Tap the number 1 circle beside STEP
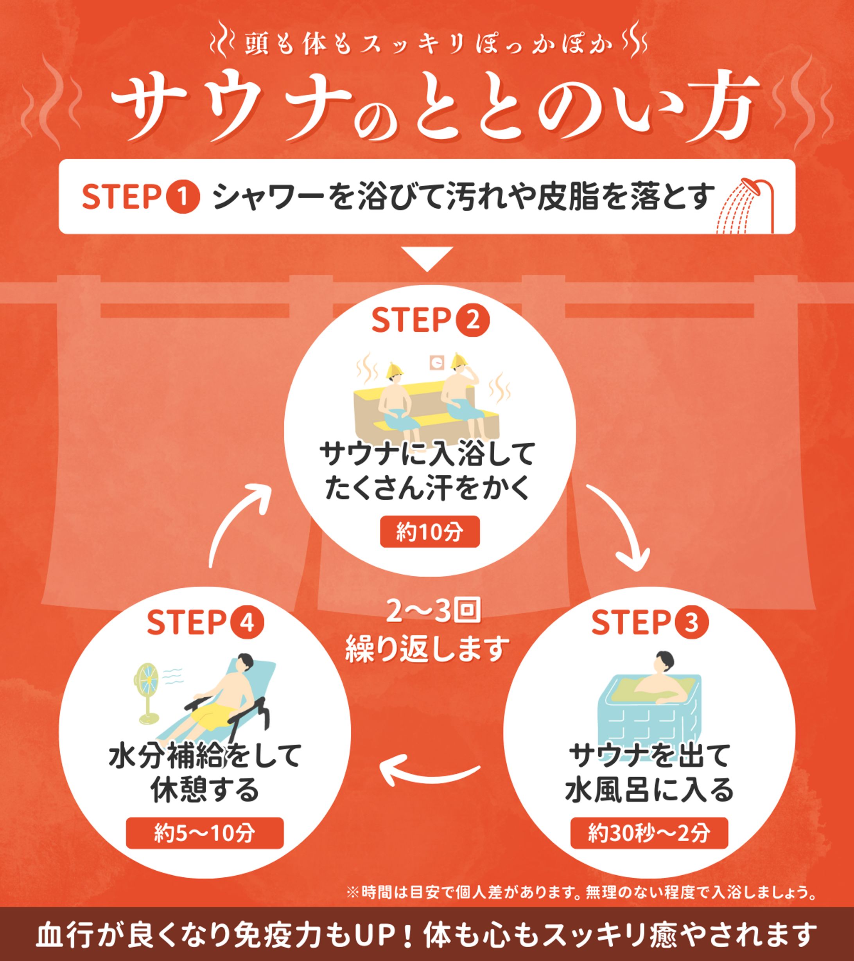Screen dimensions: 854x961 click(183, 197)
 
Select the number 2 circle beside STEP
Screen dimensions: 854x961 click(473, 320)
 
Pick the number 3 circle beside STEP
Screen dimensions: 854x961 click(691, 622)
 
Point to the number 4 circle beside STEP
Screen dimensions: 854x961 click(247, 622)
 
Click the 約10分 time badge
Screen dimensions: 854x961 click(430, 532)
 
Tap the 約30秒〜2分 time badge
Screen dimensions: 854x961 click(649, 833)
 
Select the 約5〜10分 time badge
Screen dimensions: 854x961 click(205, 833)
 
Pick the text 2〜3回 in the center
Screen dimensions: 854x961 click(433, 611)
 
